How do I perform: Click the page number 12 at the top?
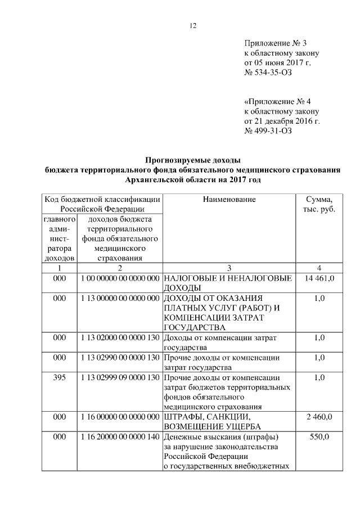click(x=192, y=25)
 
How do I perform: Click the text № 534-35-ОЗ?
click(x=268, y=73)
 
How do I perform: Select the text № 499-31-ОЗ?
click(x=268, y=131)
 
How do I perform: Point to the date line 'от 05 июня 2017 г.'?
click(x=277, y=63)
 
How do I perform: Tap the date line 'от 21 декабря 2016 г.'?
click(x=282, y=121)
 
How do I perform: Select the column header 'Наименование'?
click(x=229, y=199)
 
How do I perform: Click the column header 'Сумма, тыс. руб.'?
click(x=318, y=204)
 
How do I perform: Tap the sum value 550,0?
click(x=319, y=436)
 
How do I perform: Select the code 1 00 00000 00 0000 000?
click(x=120, y=278)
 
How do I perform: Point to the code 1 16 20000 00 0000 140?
click(x=120, y=436)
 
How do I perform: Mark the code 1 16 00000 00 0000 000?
click(x=120, y=417)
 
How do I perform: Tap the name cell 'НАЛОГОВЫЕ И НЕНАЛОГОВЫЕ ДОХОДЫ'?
click(x=227, y=283)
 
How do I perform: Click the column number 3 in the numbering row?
click(x=229, y=268)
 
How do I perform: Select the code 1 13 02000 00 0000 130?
click(x=120, y=337)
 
